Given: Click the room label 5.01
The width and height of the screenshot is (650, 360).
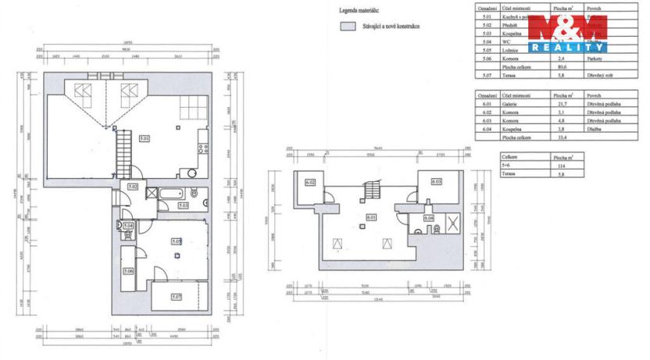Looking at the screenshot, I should (x=144, y=138).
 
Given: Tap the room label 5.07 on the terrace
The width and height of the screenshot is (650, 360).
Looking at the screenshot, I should (x=177, y=297).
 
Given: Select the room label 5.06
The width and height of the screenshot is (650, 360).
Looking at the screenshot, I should (x=129, y=271).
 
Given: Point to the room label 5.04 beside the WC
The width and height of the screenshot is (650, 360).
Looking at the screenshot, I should (x=129, y=226).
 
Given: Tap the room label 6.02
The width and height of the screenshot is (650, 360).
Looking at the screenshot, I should (x=309, y=183).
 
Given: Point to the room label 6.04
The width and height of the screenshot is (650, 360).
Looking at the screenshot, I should (x=429, y=218).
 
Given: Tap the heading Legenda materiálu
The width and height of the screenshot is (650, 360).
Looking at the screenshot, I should (x=359, y=11).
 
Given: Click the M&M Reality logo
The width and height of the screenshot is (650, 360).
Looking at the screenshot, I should (x=566, y=33).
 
